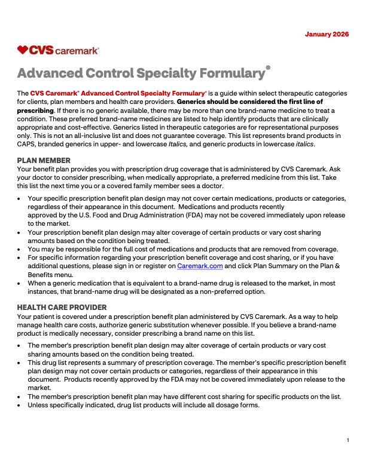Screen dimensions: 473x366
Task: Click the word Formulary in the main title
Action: pos(230,73)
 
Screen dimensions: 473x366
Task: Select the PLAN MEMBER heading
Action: pos(44,160)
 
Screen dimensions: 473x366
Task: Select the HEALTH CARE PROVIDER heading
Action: pos(62,307)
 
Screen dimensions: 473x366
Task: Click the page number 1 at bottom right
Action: pos(347,440)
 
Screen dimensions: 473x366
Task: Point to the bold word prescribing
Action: pos(35,110)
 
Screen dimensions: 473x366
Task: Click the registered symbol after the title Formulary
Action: pos(268,68)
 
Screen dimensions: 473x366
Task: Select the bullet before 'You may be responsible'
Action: pos(20,249)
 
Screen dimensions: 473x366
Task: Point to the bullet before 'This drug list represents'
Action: pos(20,363)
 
